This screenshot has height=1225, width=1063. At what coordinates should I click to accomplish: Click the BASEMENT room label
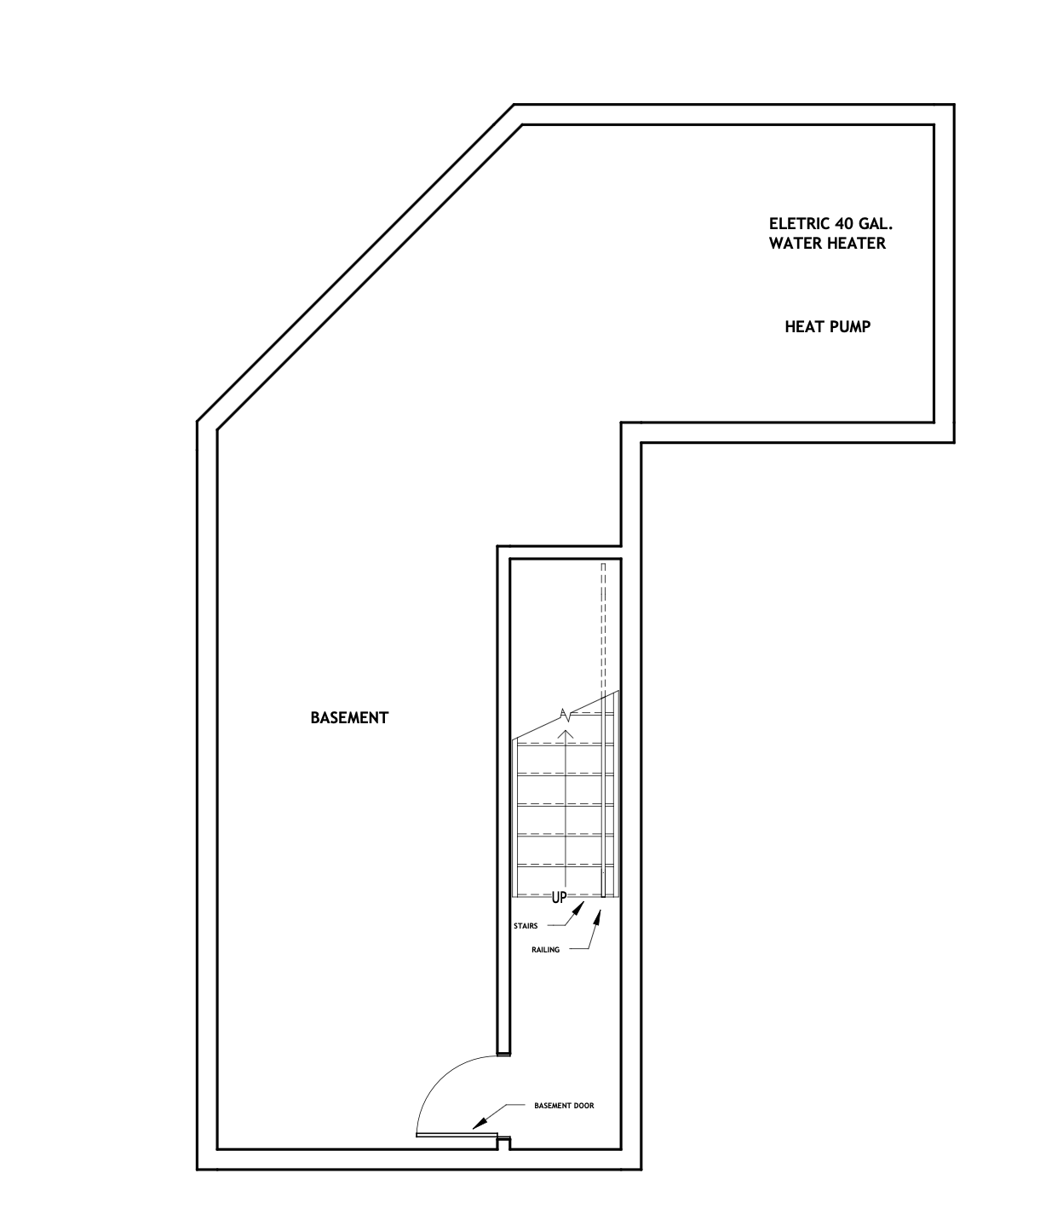click(x=349, y=718)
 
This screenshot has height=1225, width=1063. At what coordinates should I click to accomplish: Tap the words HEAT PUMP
click(x=827, y=327)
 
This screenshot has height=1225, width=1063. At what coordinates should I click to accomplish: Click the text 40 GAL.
click(x=864, y=224)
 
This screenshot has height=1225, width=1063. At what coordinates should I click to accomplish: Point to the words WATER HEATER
click(x=827, y=243)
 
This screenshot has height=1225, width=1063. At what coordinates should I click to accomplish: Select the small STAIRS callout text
click(x=526, y=926)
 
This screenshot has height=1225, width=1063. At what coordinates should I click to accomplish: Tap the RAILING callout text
click(x=545, y=950)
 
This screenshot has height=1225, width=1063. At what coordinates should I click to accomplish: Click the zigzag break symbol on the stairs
click(x=565, y=714)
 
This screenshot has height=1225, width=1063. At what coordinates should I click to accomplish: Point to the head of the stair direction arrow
click(x=566, y=733)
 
